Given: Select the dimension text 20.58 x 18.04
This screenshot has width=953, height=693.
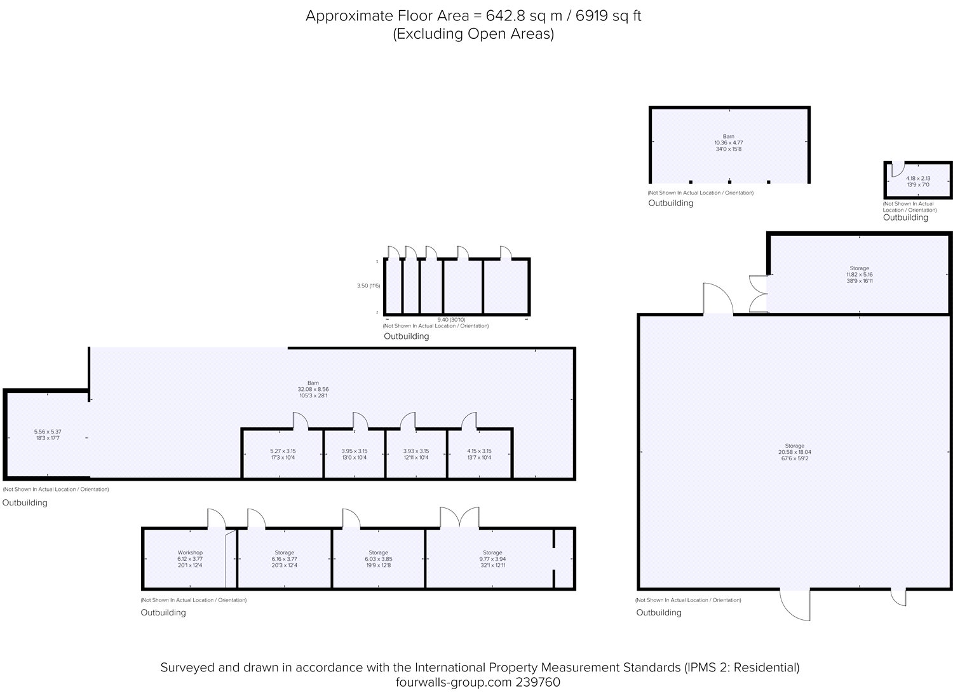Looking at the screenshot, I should (x=794, y=452).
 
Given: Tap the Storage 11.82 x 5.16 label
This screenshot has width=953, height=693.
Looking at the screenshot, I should (x=859, y=274).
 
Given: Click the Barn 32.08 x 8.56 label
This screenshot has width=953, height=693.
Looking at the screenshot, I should (x=313, y=389).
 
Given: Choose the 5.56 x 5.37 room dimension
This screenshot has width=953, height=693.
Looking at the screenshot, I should (x=48, y=432).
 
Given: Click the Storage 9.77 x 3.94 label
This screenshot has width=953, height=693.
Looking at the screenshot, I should (x=492, y=559).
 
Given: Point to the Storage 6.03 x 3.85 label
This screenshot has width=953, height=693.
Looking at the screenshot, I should (x=378, y=559).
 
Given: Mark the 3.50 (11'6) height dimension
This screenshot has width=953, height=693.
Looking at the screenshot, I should (x=368, y=286).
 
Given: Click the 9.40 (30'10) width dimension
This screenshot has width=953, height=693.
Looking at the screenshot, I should (x=451, y=320).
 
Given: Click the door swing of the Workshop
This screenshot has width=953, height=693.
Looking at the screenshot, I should (x=216, y=519).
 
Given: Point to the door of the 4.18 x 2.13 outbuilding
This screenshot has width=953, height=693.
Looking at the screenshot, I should (x=897, y=169).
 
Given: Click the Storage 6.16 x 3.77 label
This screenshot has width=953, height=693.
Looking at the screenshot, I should (x=284, y=559).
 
